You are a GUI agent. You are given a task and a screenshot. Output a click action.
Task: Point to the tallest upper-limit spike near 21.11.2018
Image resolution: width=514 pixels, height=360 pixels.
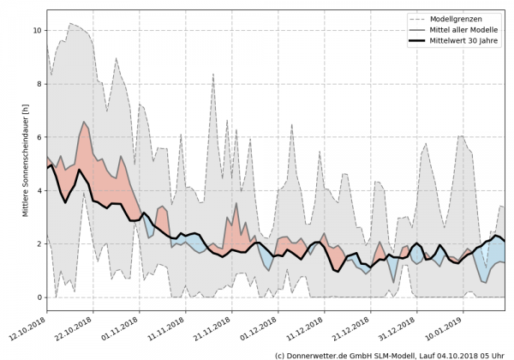click(213, 75)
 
